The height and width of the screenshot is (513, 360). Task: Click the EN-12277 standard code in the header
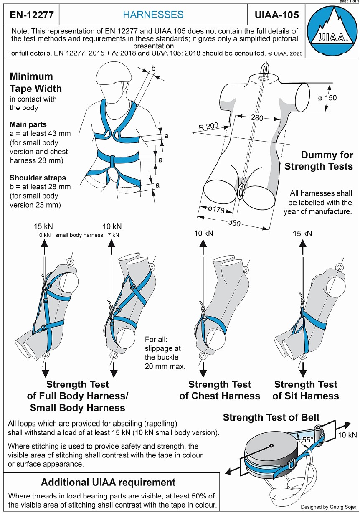(31, 15)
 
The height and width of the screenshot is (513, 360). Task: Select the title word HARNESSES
(153, 15)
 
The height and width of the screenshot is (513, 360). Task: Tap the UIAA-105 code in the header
(276, 15)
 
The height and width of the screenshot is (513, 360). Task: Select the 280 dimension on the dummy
(257, 118)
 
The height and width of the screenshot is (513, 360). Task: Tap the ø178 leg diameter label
(216, 210)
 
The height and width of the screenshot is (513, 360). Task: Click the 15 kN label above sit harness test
(302, 233)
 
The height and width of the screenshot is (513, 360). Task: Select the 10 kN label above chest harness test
(204, 233)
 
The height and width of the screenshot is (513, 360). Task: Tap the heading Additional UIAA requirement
(108, 482)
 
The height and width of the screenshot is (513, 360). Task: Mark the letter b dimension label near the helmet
(153, 68)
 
